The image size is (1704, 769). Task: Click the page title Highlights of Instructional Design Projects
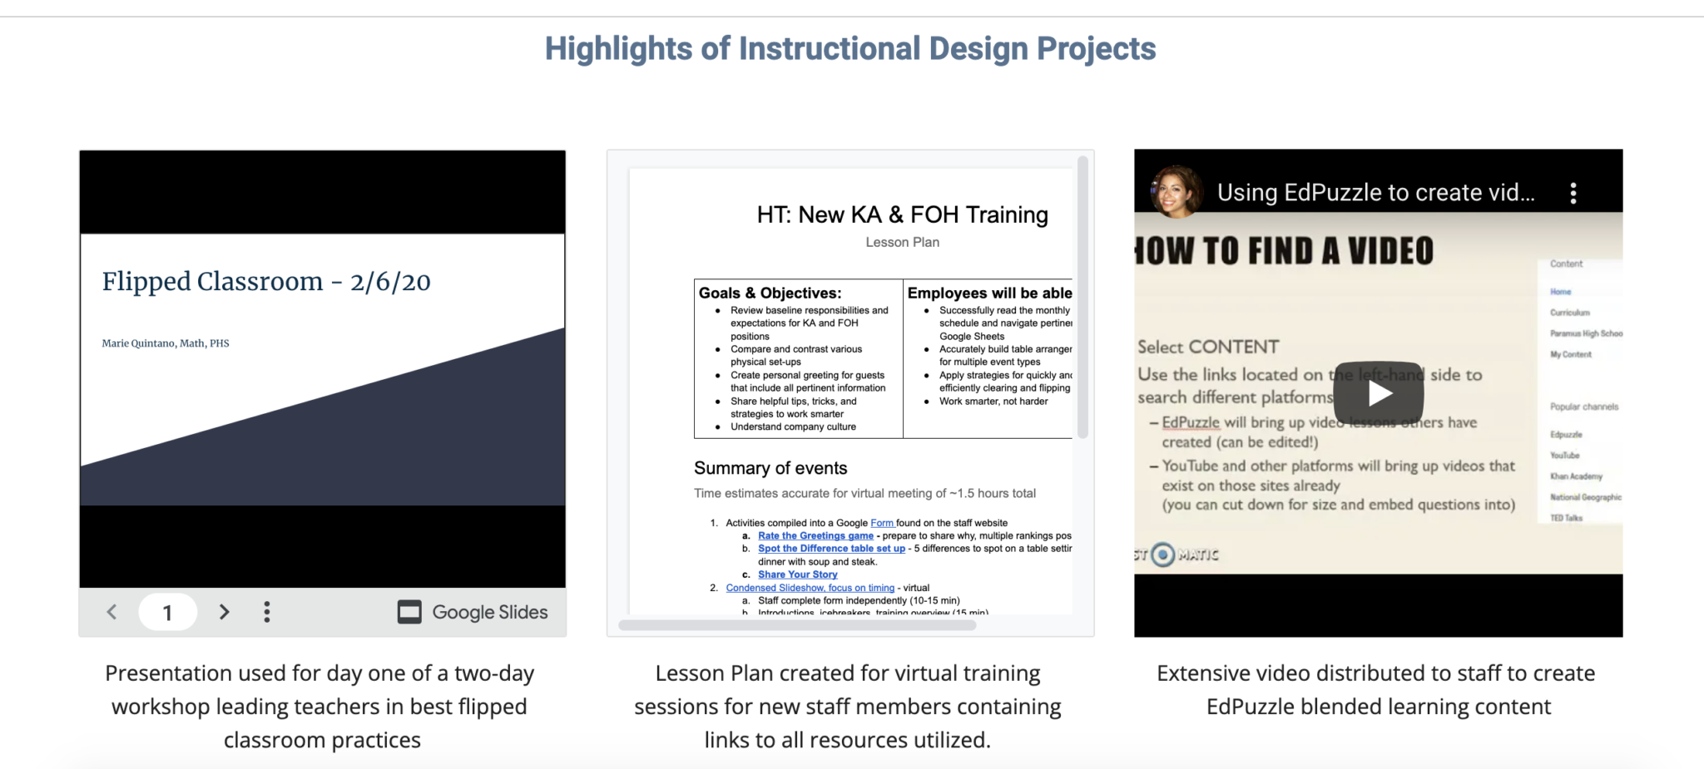[x=850, y=49]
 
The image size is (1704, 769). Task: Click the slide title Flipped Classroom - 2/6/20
[x=266, y=282]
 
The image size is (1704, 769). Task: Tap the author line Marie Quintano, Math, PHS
[x=166, y=343]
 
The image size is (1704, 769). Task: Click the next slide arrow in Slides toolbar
[x=224, y=613]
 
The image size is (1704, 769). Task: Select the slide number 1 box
[x=167, y=613]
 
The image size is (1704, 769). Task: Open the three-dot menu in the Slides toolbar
[x=267, y=613]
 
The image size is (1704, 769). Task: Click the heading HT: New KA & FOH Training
[x=902, y=215]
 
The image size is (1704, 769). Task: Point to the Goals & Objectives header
[x=770, y=293]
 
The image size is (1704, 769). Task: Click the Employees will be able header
[x=988, y=293]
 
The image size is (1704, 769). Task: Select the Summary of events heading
[x=770, y=468]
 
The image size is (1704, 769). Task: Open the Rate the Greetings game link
[x=815, y=536]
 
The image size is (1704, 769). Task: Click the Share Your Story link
[x=797, y=574]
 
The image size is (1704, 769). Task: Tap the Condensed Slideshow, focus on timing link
[x=810, y=588]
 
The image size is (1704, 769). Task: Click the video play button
[x=1378, y=393]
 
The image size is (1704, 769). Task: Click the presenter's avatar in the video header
[x=1175, y=192]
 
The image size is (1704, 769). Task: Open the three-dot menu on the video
[x=1573, y=193]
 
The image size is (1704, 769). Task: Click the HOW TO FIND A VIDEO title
[x=1285, y=251]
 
